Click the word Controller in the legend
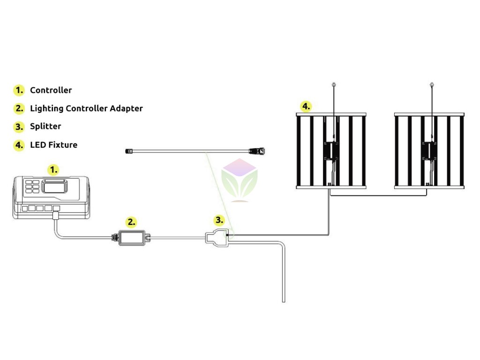[51, 90]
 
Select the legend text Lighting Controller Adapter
[86, 108]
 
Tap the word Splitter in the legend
[45, 126]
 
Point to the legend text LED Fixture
[53, 145]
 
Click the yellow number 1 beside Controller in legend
[19, 90]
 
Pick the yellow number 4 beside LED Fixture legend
[19, 145]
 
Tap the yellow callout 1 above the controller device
[54, 169]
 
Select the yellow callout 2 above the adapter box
[132, 222]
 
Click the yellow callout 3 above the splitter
[219, 219]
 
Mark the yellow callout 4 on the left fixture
[306, 106]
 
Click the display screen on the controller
[55, 187]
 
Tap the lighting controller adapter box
[132, 238]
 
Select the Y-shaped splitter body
[217, 238]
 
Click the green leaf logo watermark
[240, 180]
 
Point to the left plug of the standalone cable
[130, 151]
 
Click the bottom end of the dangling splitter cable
[283, 301]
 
